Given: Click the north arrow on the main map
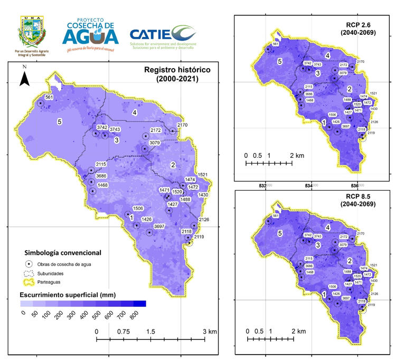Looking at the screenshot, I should point(24,78).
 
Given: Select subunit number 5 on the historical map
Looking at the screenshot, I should point(60,121).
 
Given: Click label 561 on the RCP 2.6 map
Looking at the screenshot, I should point(276,44).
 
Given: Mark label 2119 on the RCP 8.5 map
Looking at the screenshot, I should point(371,305).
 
